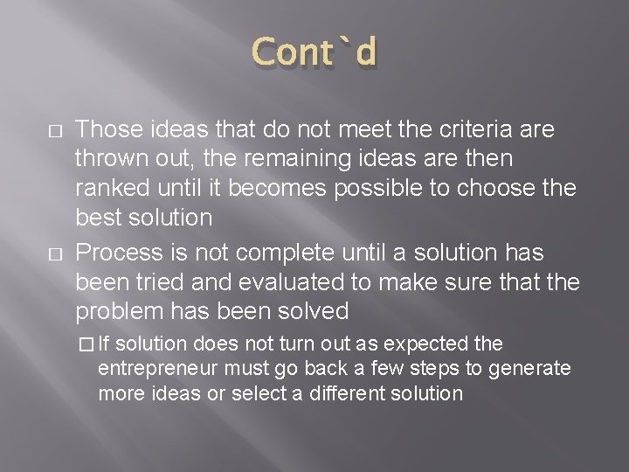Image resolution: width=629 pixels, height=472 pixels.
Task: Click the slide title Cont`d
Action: point(315,53)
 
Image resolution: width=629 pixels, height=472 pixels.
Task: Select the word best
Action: point(96,218)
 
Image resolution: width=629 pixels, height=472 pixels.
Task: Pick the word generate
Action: point(532,369)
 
